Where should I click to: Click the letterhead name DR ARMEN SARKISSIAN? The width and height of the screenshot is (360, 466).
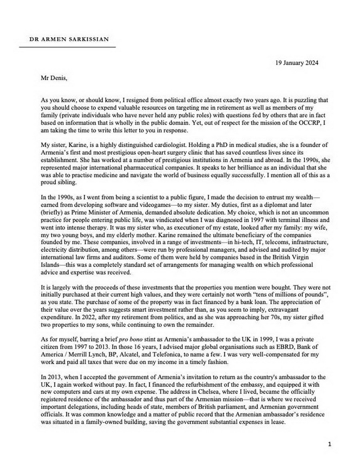69,39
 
